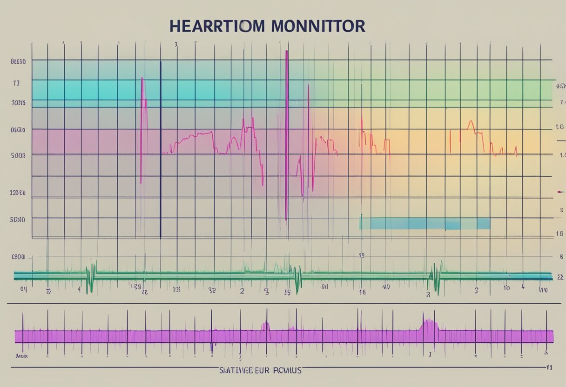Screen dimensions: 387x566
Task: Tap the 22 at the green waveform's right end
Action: pyautogui.click(x=560, y=277)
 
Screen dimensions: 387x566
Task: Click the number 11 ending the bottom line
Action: pyautogui.click(x=549, y=367)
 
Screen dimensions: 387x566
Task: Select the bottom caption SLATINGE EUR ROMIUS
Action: pyautogui.click(x=260, y=370)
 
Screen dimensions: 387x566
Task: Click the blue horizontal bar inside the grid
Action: pyautogui.click(x=424, y=223)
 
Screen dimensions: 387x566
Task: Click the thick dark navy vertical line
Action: pyautogui.click(x=161, y=149)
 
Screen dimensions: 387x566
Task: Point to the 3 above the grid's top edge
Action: pyautogui.click(x=176, y=45)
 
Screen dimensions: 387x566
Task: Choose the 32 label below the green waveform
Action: pyautogui.click(x=212, y=290)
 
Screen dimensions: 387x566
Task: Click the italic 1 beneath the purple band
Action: pyautogui.click(x=430, y=354)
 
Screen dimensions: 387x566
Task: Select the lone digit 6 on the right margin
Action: pyautogui.click(x=561, y=256)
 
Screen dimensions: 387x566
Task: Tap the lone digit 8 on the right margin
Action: pyautogui.click(x=561, y=210)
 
